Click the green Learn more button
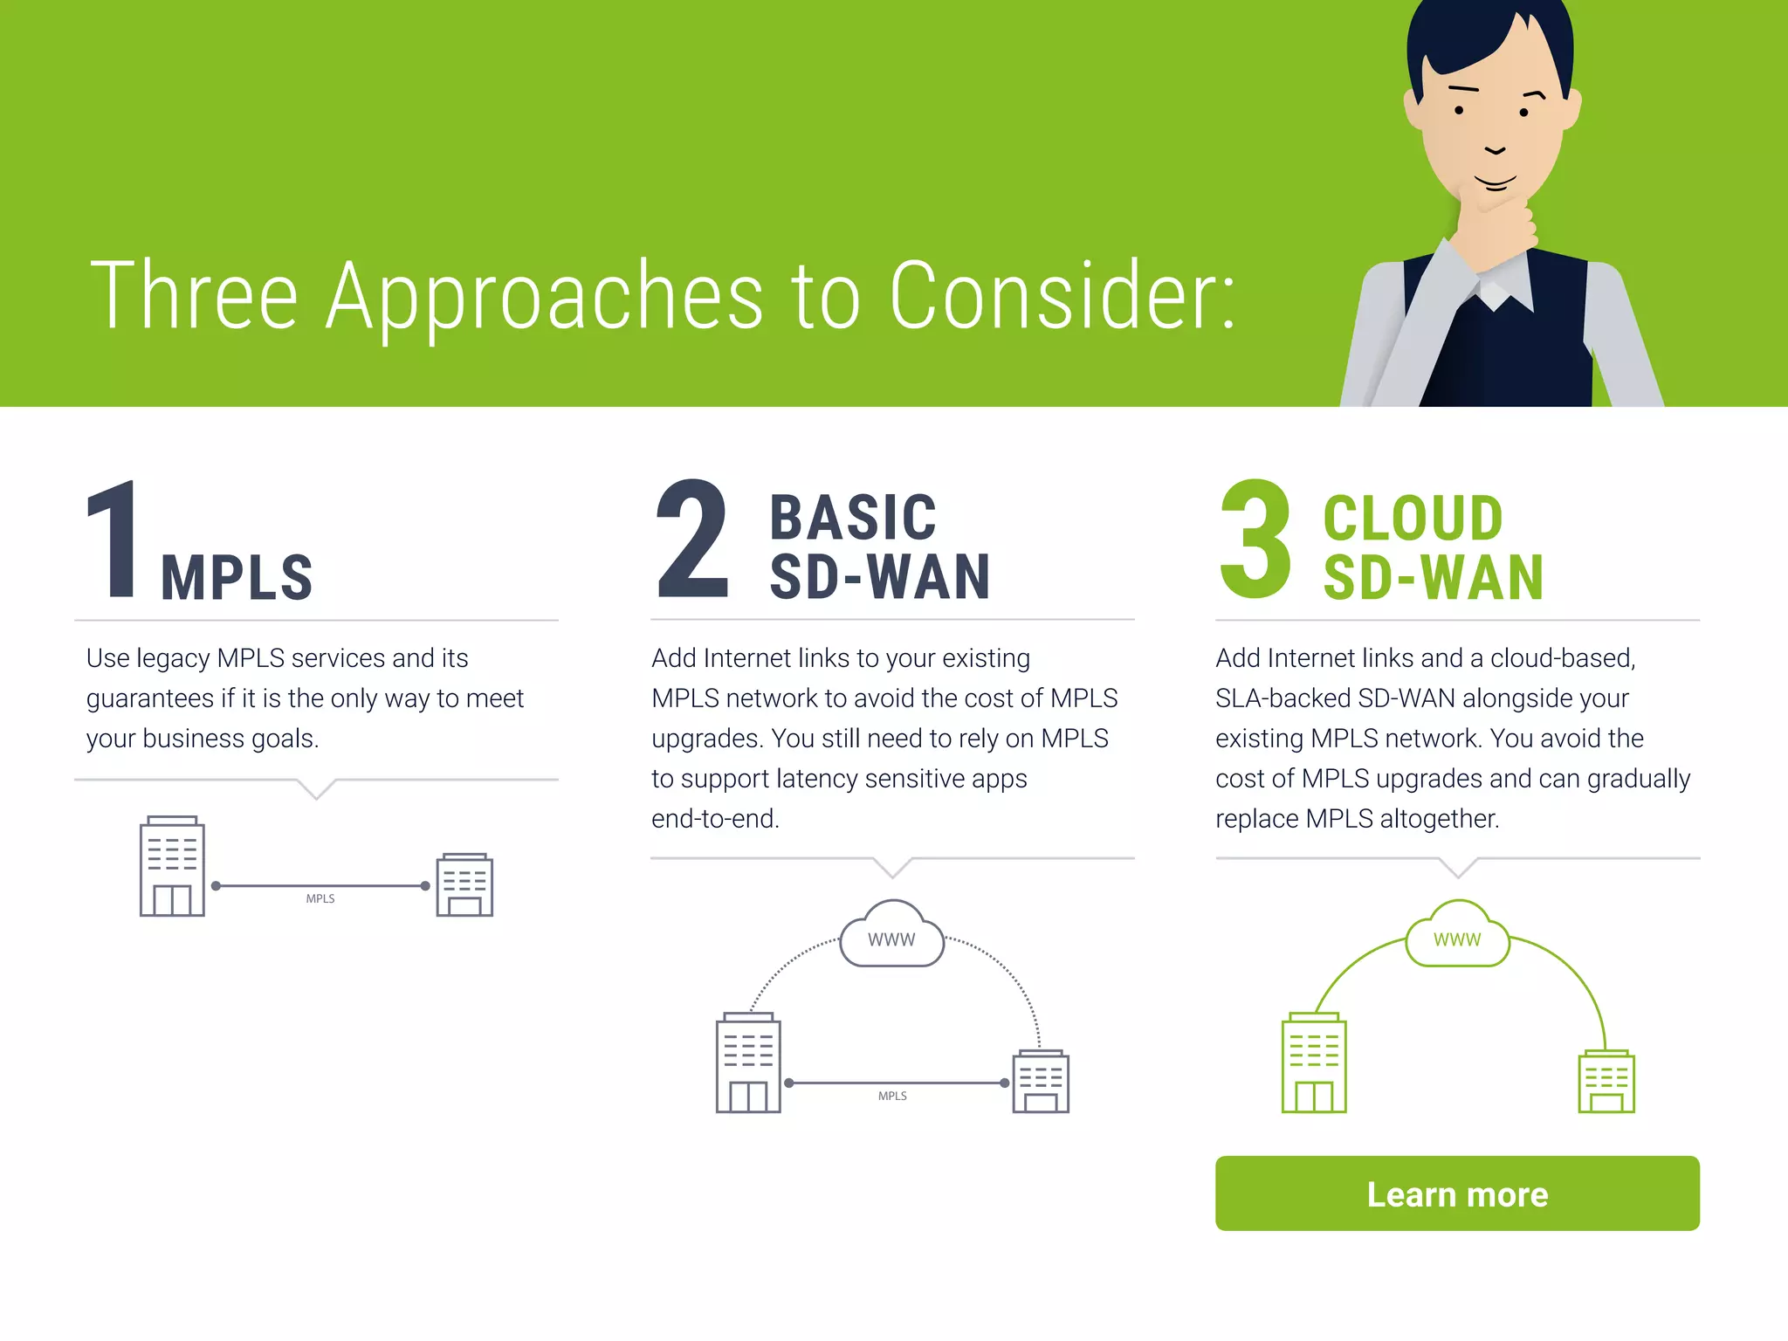[x=1456, y=1193]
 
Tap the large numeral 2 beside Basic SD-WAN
[x=691, y=540]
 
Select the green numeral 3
[x=1255, y=540]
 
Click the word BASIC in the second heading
[x=853, y=518]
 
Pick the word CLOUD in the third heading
[x=1413, y=518]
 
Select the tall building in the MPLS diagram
[x=172, y=866]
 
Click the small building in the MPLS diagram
[x=464, y=884]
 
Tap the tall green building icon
[x=1314, y=1063]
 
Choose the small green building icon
[x=1606, y=1082]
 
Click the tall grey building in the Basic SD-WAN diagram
[x=748, y=1063]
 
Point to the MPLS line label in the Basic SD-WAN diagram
[x=892, y=1096]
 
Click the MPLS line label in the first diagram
[x=320, y=898]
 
